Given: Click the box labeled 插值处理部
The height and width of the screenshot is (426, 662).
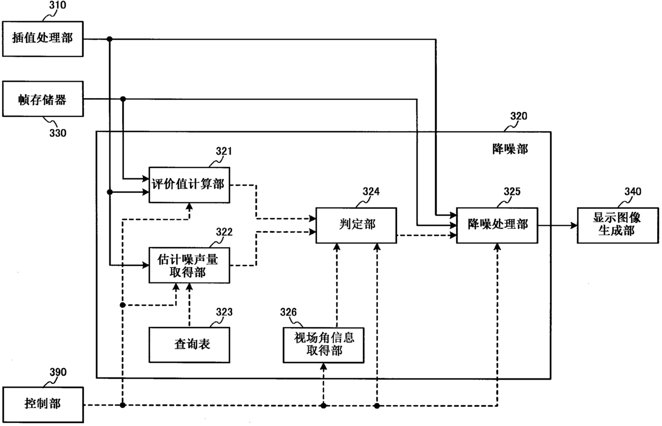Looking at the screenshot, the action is (x=43, y=38).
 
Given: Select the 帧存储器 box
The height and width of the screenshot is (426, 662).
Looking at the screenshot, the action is (x=43, y=99).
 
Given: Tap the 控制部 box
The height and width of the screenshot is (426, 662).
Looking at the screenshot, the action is (x=43, y=405).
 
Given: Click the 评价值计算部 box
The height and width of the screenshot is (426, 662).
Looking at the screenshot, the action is (x=189, y=185).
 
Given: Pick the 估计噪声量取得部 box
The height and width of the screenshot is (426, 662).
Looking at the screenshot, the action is (x=189, y=265).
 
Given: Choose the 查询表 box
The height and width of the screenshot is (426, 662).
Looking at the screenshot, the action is (x=189, y=345).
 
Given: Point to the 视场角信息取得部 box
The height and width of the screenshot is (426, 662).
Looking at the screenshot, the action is (x=324, y=345).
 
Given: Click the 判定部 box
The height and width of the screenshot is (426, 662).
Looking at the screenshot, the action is (x=357, y=225).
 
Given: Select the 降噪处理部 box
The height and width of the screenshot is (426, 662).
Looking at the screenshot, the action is (x=498, y=225).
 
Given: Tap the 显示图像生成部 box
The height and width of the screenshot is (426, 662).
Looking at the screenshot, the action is (x=618, y=225).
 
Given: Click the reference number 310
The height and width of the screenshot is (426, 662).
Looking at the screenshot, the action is (x=58, y=5).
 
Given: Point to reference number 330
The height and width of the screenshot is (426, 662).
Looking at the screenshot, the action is (x=58, y=133).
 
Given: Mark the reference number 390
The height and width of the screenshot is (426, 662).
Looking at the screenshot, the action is (x=58, y=372).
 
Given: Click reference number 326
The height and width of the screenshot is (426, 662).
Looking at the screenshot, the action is (x=288, y=312).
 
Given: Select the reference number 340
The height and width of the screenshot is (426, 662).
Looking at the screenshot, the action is (x=633, y=192).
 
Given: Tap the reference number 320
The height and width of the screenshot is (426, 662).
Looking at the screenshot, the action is (x=519, y=116).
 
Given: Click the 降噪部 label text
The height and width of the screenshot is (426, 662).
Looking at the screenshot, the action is (x=510, y=149).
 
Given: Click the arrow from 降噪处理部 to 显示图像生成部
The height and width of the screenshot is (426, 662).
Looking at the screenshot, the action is (x=558, y=226).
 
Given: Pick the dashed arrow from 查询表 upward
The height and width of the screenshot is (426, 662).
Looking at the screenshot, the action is (x=190, y=305).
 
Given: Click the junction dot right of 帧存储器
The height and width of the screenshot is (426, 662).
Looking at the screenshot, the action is (x=123, y=99).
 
